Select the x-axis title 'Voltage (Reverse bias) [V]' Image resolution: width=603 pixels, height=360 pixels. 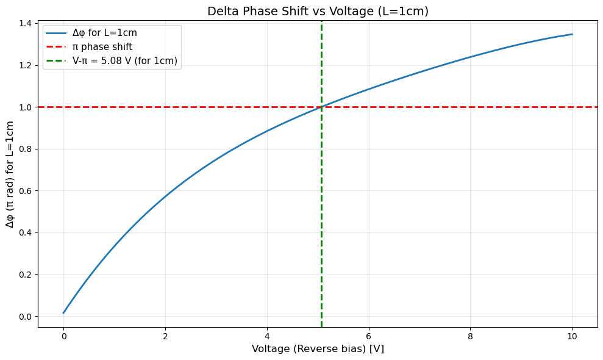[318, 348]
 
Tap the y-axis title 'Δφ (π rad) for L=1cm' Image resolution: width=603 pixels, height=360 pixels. [10, 175]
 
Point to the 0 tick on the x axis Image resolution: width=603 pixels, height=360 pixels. [63, 334]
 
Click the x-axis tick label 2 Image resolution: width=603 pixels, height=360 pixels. [165, 334]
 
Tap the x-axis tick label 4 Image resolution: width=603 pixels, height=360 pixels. [267, 334]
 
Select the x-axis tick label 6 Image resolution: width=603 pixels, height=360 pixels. [368, 334]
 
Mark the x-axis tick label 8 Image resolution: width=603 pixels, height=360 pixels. [470, 334]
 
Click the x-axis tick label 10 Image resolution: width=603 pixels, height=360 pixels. [572, 334]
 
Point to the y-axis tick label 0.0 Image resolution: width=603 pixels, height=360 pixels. [25, 316]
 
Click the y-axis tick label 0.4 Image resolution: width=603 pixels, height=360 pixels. [25, 232]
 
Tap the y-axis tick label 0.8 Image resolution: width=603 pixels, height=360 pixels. [25, 149]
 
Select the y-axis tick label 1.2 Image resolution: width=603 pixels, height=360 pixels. [25, 65]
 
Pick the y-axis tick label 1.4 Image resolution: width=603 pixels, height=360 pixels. [25, 23]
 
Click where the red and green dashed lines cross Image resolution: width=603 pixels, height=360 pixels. [321, 107]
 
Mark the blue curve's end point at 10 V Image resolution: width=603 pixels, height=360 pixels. [572, 34]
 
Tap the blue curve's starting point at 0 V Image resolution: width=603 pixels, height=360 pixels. [63, 313]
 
